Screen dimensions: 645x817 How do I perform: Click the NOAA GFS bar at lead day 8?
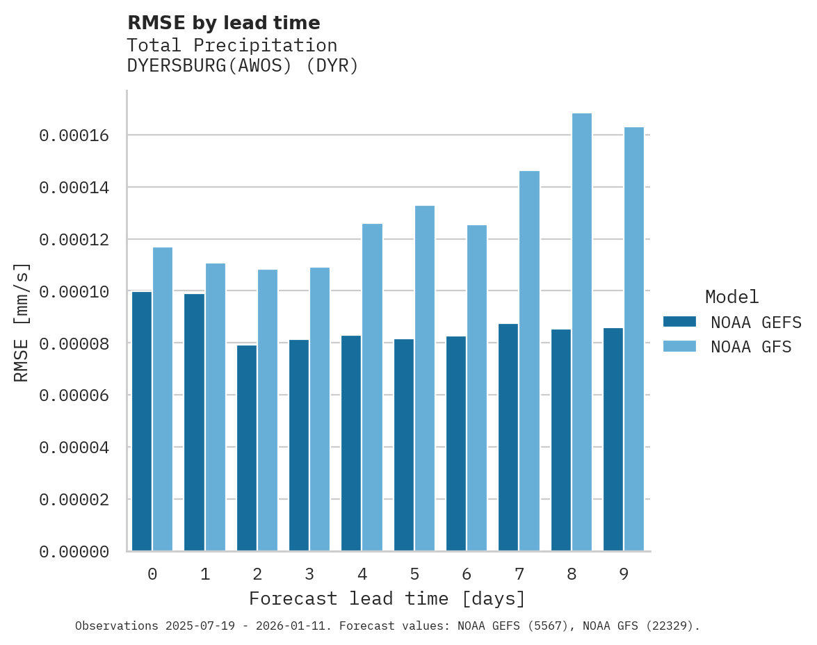(x=581, y=332)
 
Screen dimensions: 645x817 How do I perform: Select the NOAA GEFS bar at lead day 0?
(x=142, y=421)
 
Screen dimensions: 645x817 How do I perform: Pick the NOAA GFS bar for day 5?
(x=424, y=379)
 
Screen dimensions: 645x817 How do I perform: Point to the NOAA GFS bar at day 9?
(x=634, y=339)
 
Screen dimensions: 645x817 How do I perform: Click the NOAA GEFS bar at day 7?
(x=508, y=437)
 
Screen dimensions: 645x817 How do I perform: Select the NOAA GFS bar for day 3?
(x=320, y=409)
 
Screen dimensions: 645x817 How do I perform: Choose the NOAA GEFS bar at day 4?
(x=351, y=443)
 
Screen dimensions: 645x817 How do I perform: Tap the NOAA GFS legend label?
(x=751, y=346)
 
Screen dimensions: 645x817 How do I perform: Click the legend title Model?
(x=731, y=297)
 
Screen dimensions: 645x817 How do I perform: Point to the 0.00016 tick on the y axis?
(x=74, y=136)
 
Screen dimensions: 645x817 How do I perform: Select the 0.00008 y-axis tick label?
(x=74, y=344)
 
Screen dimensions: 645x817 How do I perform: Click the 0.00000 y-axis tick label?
(x=74, y=552)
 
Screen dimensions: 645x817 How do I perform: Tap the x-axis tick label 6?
(x=467, y=574)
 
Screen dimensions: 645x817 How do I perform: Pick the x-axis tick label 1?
(x=205, y=574)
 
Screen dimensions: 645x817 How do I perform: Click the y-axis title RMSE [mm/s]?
(x=22, y=322)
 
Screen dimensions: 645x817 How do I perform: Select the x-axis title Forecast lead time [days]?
(x=387, y=598)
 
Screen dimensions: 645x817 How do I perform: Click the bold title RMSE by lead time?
(x=223, y=23)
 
